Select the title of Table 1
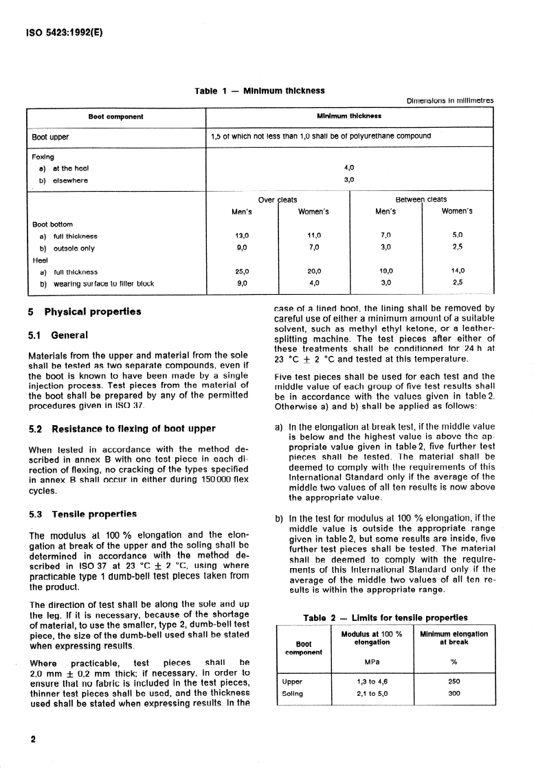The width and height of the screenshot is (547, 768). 260,91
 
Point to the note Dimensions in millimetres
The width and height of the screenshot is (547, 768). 451,100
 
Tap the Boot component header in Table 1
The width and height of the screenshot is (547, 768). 116,117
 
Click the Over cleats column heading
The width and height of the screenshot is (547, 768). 278,200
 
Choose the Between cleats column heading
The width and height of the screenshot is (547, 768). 421,200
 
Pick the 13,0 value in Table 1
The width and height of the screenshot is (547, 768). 241,236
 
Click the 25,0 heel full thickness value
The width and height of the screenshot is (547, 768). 241,271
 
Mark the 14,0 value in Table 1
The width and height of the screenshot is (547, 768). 458,271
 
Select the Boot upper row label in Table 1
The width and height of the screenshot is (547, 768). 50,136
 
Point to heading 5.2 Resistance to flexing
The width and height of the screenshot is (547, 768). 122,429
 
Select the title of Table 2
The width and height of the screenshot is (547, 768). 385,618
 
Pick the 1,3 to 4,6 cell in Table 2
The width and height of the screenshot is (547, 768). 371,681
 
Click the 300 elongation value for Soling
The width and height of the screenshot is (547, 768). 454,693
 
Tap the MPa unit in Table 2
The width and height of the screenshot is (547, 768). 371,662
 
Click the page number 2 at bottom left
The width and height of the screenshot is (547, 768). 32,740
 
